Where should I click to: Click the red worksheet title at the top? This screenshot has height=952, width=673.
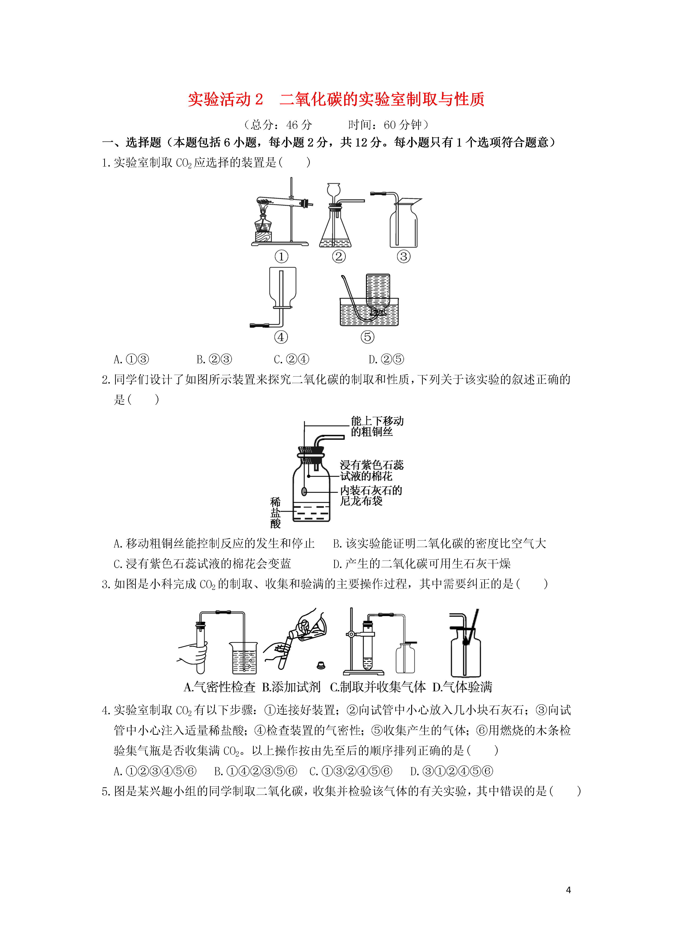click(x=336, y=100)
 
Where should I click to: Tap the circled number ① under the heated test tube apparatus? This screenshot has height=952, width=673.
click(x=282, y=257)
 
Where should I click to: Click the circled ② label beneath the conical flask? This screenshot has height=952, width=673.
click(x=339, y=257)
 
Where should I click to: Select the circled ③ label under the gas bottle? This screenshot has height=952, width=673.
click(x=403, y=257)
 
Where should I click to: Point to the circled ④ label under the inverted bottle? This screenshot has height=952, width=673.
click(x=281, y=337)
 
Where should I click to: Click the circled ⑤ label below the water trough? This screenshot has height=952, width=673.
click(x=367, y=337)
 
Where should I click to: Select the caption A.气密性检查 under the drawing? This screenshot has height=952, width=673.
click(x=219, y=687)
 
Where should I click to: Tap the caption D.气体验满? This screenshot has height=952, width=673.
click(x=462, y=687)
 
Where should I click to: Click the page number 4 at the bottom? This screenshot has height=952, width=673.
click(x=569, y=890)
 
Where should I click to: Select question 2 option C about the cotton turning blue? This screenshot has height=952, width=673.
click(x=202, y=564)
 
